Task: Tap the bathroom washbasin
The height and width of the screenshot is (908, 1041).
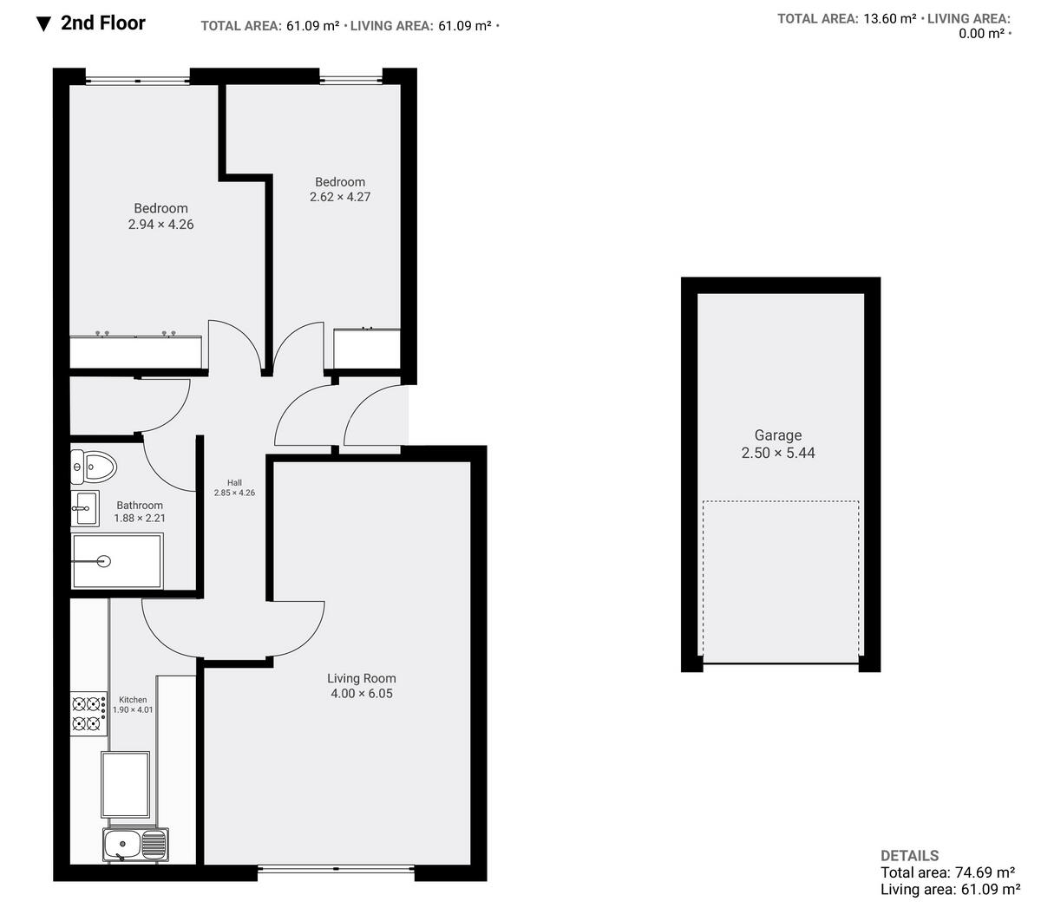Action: click(x=84, y=509)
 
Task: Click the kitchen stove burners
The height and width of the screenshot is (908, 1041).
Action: click(x=88, y=712)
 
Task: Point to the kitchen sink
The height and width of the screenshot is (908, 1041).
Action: click(x=136, y=844)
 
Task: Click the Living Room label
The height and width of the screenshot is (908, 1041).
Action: click(x=362, y=679)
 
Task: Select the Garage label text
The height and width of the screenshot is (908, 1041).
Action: click(x=777, y=435)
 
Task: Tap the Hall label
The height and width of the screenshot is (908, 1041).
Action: click(x=234, y=483)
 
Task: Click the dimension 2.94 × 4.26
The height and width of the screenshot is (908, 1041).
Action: click(x=160, y=225)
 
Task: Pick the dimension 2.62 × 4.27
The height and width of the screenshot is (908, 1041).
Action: click(x=340, y=197)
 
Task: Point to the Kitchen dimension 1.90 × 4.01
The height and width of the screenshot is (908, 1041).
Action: click(x=133, y=709)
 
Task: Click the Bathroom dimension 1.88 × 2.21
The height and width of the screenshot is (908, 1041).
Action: click(x=140, y=519)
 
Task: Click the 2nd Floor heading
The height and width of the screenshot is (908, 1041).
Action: click(x=103, y=23)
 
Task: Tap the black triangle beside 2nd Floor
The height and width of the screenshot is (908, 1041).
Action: click(x=44, y=23)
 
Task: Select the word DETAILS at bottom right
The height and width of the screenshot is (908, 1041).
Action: click(x=909, y=855)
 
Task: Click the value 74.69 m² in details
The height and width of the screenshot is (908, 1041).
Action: click(x=983, y=872)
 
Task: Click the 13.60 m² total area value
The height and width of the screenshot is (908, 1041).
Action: click(x=889, y=18)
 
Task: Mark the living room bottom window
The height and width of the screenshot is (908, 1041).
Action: click(x=337, y=867)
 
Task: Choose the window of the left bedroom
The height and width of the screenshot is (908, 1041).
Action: click(x=137, y=81)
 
